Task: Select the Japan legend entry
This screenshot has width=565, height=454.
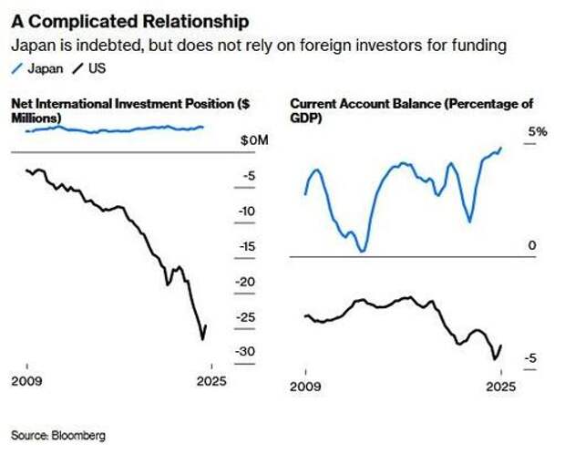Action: point(41,68)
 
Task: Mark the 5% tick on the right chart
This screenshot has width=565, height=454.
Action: point(538,132)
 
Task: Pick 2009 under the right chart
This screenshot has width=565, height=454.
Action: point(304,386)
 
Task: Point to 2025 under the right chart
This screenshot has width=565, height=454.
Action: point(500,386)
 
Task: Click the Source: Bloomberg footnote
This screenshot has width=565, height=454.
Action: point(58,436)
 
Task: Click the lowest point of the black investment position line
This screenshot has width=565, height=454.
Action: point(201,340)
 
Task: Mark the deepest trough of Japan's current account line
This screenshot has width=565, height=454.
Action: point(363,252)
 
